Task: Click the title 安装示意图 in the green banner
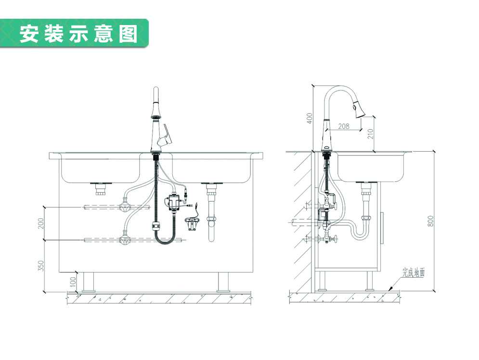click(x=78, y=34)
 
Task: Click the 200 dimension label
click(x=41, y=223)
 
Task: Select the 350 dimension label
click(x=41, y=265)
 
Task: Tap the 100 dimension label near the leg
click(x=73, y=282)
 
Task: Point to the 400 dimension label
click(x=310, y=118)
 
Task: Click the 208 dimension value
click(x=344, y=127)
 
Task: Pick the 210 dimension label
click(x=370, y=133)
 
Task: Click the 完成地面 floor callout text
click(x=414, y=272)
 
